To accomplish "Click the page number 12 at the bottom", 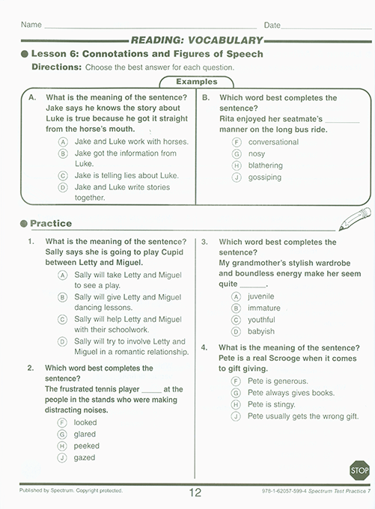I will coord(196,492).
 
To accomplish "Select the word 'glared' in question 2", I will coord(85,433).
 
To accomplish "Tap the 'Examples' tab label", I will coord(196,82).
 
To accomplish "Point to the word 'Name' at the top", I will coord(31,25).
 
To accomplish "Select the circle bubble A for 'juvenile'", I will coord(236,296).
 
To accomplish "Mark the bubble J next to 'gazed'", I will coord(63,457).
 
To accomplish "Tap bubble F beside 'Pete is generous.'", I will coord(236,381).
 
